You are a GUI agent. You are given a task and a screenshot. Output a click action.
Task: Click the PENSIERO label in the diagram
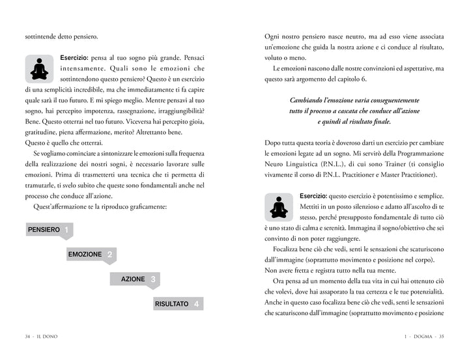click(44, 230)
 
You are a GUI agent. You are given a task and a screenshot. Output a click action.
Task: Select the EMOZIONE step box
click(85, 255)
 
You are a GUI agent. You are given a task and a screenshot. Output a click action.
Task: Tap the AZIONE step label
click(133, 279)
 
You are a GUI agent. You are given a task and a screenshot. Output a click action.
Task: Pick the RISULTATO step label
click(172, 304)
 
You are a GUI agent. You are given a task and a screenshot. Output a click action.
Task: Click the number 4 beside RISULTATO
click(197, 304)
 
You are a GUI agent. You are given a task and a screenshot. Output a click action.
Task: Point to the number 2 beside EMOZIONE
click(110, 255)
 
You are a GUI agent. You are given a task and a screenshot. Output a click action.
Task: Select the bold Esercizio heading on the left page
click(76, 57)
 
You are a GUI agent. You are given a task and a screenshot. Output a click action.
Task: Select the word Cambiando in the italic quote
click(310, 100)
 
